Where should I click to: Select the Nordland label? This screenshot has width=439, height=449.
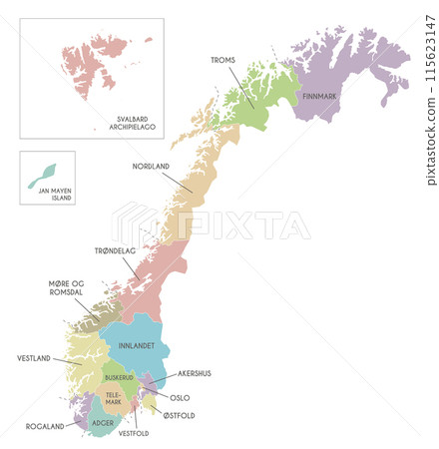point(150,167)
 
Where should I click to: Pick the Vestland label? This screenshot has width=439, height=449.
point(34,358)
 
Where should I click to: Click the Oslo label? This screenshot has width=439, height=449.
point(180,397)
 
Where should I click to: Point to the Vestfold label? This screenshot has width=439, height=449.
point(134,434)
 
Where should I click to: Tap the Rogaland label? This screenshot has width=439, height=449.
point(46,426)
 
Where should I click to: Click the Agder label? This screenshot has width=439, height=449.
point(103,423)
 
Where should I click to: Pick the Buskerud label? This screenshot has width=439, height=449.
point(119,378)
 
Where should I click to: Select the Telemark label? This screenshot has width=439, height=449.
point(118,400)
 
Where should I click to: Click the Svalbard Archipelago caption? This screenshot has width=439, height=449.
point(132,124)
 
